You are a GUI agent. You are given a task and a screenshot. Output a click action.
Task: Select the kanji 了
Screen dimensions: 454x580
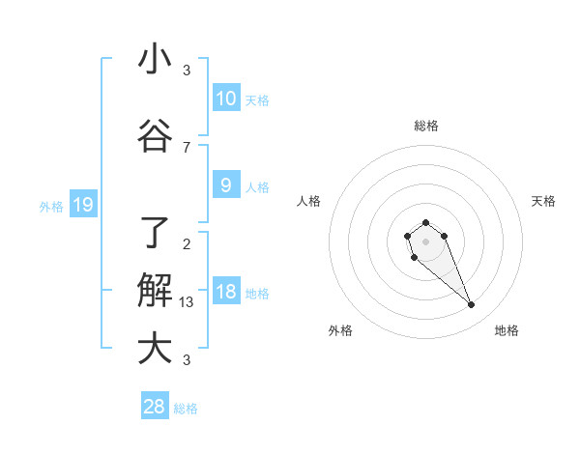pos(155,233)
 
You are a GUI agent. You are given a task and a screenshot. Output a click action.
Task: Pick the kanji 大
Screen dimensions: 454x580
pos(155,348)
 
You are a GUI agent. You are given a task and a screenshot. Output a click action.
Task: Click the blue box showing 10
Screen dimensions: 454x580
pos(226,99)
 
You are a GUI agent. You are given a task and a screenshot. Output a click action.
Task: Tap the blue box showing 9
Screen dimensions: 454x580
pos(226,185)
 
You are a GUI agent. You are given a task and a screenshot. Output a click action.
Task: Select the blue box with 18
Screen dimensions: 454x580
pos(226,292)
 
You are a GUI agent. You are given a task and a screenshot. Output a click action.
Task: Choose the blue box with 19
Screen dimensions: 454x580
pos(82,205)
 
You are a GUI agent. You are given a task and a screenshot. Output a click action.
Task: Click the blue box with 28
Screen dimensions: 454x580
pos(155,407)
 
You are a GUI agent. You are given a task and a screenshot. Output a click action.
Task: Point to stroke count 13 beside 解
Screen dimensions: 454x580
pos(187,302)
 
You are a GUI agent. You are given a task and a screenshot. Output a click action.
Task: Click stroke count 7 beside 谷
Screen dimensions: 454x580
pos(187,147)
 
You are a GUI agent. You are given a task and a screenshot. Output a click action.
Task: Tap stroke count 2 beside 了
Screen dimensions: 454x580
pos(187,243)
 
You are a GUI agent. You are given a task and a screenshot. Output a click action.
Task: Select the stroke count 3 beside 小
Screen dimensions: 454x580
pos(187,70)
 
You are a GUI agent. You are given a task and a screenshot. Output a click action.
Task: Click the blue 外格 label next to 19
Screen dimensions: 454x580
pos(51,206)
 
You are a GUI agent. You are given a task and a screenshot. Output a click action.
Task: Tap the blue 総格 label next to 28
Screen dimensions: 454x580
pos(186,409)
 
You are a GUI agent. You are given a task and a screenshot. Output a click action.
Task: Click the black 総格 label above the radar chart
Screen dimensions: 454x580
pos(426,126)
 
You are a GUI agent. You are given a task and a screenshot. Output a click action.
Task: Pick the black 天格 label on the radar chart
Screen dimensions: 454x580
pos(544,201)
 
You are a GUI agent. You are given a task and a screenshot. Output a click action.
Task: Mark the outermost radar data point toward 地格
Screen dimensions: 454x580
pos(472,305)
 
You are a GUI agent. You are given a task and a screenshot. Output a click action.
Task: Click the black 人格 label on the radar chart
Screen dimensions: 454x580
pos(308,201)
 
